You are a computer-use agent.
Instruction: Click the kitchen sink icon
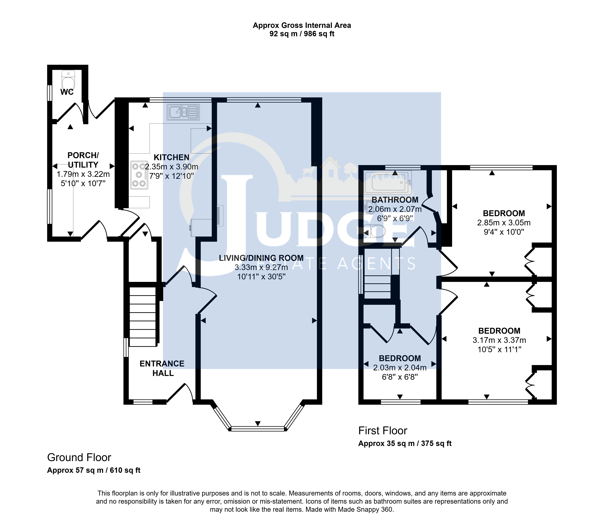[x=183, y=112]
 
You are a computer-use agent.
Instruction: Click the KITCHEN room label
[x=172, y=157]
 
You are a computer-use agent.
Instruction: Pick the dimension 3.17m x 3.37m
[x=499, y=340]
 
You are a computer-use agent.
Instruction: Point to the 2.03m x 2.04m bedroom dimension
[x=400, y=368]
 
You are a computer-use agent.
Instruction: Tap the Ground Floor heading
[x=79, y=457]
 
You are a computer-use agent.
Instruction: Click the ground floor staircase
[x=143, y=317]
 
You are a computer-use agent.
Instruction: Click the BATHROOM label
[x=395, y=200]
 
